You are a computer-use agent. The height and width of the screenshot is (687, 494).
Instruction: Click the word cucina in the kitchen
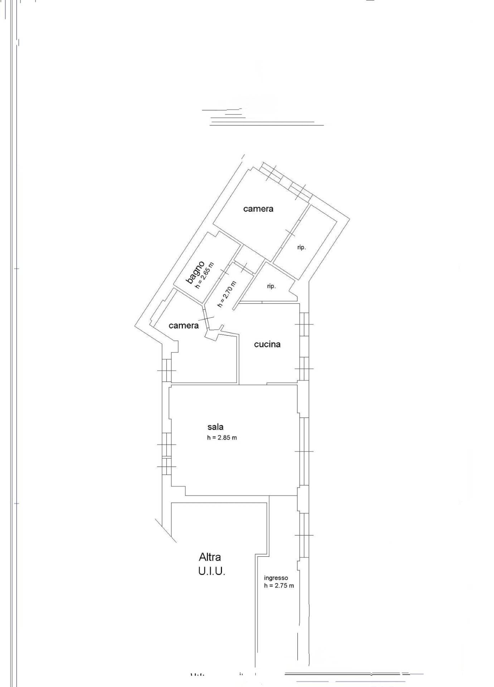pos(267,344)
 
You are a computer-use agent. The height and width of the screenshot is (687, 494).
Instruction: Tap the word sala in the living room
pos(215,427)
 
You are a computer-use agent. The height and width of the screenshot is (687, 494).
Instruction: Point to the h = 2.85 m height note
pos(222,438)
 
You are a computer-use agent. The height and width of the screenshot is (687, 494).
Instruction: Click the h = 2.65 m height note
pos(204,276)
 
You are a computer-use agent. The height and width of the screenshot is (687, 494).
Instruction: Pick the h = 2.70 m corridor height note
pos(227,294)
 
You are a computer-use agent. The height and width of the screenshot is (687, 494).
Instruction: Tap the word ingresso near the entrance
pos(276,578)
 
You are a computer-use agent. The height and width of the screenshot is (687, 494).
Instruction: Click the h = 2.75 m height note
pos(279,586)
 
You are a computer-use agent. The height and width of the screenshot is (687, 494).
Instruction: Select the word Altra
pos(210,557)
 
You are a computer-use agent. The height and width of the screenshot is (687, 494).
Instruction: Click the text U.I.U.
pos(212,571)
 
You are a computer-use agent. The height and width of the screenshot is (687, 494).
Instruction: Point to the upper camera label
pos(258,209)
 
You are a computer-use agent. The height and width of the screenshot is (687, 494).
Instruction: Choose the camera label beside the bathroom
pos(184,325)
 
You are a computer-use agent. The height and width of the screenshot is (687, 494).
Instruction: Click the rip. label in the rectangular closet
pos(301,247)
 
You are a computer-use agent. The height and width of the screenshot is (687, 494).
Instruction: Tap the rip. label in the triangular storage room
pos(271,286)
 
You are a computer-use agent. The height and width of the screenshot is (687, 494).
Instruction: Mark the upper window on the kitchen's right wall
pos(304,324)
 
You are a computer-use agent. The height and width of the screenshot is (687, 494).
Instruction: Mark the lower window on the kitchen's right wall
pos(304,369)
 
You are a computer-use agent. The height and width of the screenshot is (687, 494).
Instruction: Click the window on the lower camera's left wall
pos(166,370)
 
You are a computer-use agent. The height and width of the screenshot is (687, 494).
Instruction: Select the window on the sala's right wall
pos(304,452)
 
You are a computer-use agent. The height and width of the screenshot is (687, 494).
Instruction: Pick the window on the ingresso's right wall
pos(304,535)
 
